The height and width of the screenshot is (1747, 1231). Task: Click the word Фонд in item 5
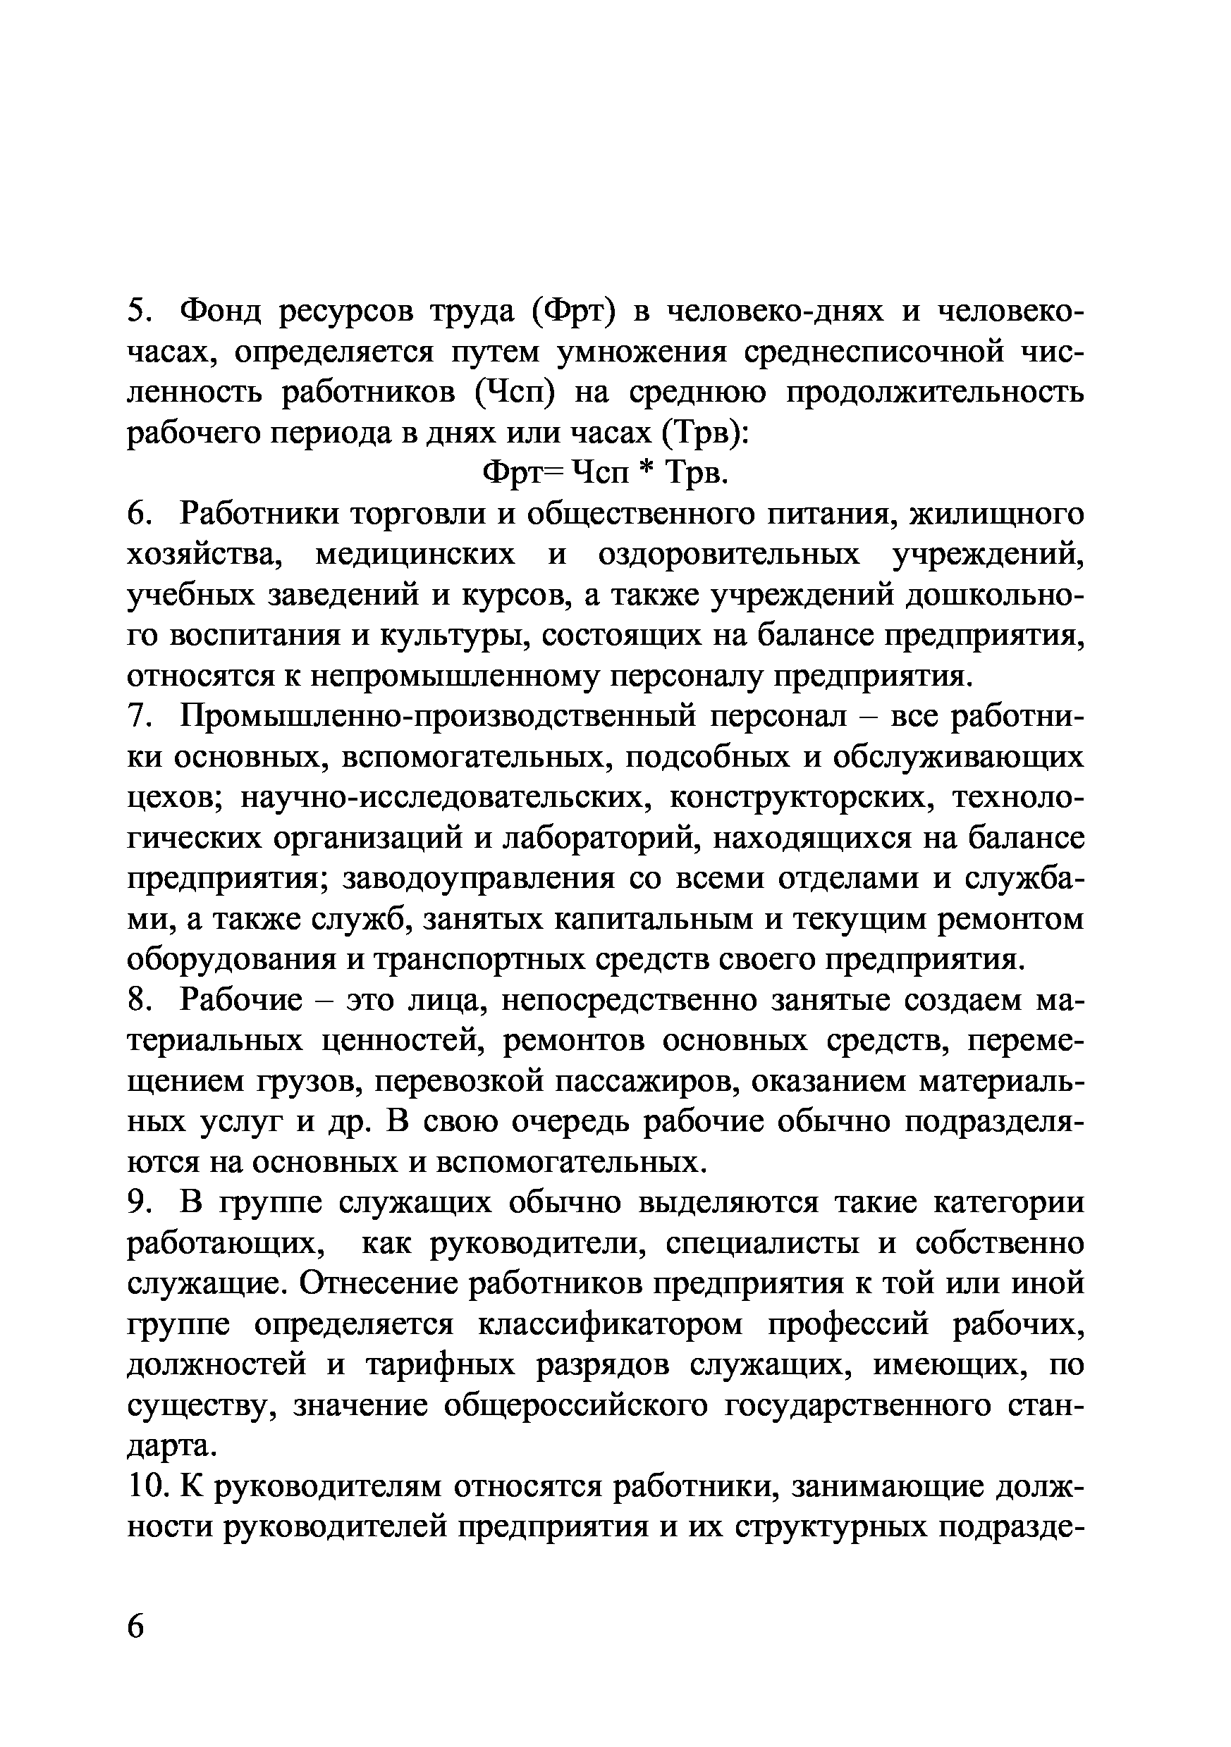pos(226,311)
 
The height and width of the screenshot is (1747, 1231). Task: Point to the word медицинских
pos(415,554)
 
